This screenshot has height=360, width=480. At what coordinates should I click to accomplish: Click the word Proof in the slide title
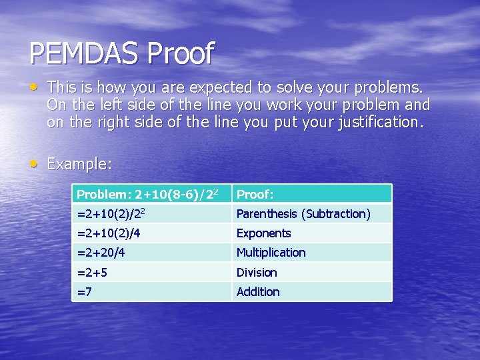(x=181, y=53)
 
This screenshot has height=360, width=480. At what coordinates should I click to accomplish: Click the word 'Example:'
(x=79, y=164)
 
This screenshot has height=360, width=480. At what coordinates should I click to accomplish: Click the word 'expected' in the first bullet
(x=220, y=87)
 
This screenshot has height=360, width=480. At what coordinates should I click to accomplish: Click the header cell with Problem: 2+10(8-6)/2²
(x=151, y=194)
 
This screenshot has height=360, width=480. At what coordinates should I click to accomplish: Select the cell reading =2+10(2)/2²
(x=151, y=213)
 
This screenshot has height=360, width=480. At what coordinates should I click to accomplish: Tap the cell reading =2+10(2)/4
(x=151, y=233)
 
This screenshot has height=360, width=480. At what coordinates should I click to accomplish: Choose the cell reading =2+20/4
(x=151, y=253)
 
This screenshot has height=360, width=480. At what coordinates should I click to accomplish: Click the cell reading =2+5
(x=151, y=272)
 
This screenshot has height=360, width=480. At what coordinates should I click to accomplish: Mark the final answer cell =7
(x=151, y=291)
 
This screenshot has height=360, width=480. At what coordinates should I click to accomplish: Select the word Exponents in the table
(x=264, y=233)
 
